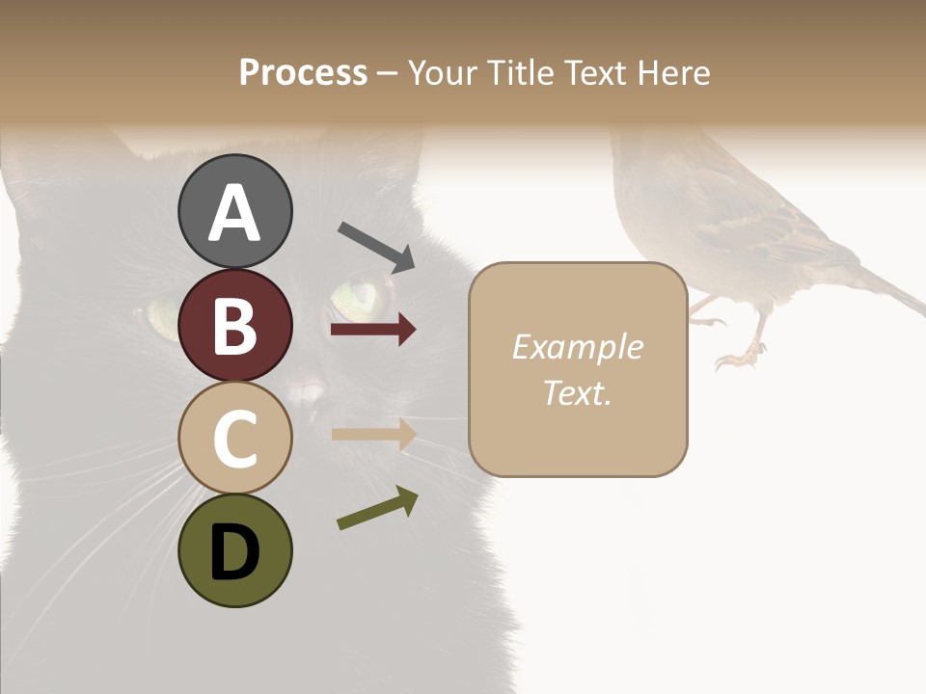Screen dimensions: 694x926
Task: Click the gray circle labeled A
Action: coord(234,211)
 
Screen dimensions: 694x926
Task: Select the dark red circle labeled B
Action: coord(234,325)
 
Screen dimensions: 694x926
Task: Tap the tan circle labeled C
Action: coord(234,438)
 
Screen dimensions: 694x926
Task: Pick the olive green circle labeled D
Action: coord(234,550)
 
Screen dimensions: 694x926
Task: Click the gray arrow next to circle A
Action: coord(376,246)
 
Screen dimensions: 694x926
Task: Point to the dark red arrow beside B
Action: coord(373,330)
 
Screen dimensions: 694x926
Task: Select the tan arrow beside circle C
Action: coord(373,434)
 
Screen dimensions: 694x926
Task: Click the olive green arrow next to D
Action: coord(377,508)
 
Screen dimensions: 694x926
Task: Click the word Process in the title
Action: coord(303,72)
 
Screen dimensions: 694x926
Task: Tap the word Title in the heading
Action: coord(522,72)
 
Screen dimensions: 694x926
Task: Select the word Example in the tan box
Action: coord(577,347)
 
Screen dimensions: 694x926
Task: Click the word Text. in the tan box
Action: coord(577,392)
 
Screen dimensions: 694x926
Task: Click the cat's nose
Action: coord(307,390)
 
